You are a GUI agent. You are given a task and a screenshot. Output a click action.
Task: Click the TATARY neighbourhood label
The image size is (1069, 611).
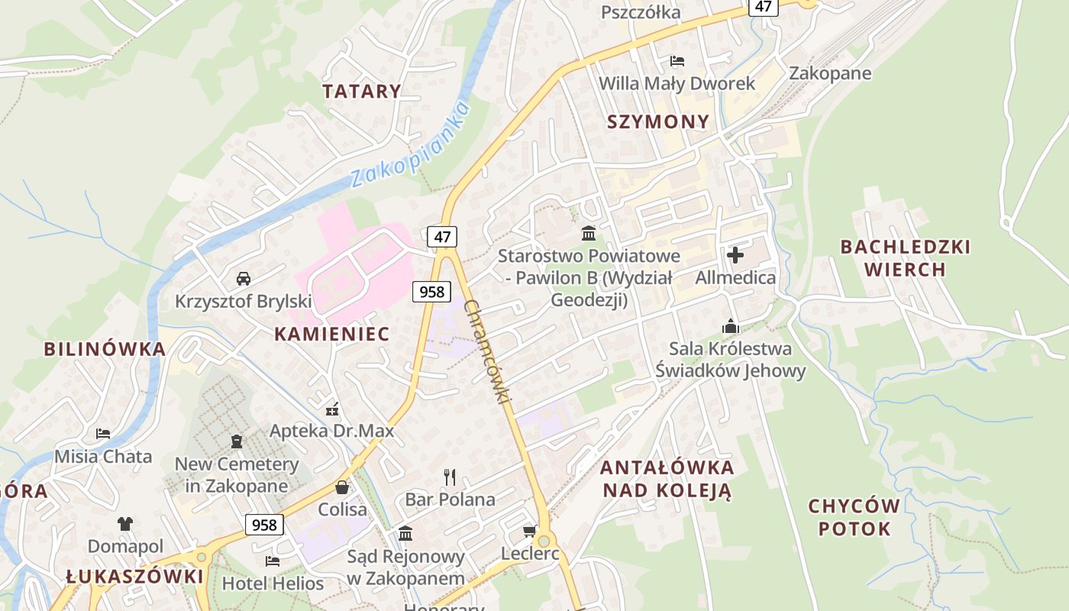tap(361, 92)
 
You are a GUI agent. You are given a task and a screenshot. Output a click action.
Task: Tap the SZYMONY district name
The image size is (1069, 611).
tap(658, 121)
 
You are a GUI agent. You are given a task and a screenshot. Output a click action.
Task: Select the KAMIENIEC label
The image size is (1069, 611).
tap(331, 334)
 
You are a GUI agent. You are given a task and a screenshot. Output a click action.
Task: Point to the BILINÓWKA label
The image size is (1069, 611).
tap(105, 349)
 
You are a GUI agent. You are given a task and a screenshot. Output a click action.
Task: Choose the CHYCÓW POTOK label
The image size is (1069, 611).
tap(854, 517)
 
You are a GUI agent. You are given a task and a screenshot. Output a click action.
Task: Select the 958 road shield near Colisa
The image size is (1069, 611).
tap(264, 525)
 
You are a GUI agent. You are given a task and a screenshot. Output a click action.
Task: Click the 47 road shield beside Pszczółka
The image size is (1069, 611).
tap(763, 7)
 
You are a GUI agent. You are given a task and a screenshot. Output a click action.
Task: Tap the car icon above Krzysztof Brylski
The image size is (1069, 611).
tap(244, 279)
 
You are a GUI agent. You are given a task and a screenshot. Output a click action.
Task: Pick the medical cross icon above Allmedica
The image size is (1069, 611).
tap(735, 255)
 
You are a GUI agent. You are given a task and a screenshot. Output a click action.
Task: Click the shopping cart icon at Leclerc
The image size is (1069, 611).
tap(530, 531)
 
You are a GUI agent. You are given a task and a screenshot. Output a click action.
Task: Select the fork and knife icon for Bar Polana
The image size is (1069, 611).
tap(450, 477)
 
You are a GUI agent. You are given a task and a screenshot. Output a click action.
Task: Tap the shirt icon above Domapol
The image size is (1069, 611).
tap(125, 524)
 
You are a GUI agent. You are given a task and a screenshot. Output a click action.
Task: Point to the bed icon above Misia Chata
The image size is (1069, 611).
tap(103, 434)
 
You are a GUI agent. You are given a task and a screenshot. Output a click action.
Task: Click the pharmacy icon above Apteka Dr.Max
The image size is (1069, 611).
tap(331, 409)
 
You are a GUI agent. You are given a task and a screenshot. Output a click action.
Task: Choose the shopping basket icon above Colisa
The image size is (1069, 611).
tap(342, 487)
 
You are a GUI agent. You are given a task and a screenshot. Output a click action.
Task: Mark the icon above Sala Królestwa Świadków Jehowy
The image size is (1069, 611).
tap(731, 326)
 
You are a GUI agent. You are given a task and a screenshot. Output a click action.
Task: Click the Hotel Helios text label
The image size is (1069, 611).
tap(273, 584)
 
